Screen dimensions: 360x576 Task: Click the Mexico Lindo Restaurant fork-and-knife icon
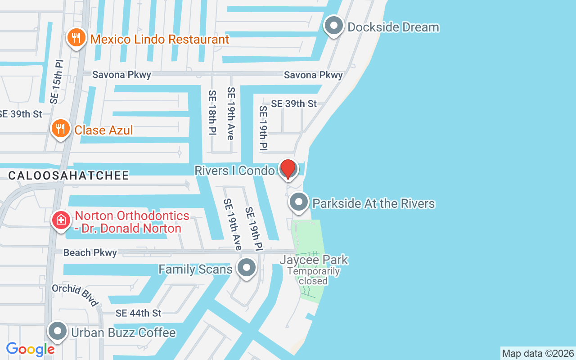[76, 38]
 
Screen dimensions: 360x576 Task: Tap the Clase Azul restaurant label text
[103, 130]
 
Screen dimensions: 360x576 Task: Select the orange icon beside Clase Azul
[60, 129]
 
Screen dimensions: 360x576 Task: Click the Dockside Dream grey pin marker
[334, 26]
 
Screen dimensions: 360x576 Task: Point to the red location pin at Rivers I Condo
[288, 169]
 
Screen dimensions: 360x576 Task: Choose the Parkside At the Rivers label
[373, 204]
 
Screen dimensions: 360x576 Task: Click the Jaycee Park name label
[314, 260]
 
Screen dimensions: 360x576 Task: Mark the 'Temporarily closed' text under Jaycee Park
[314, 276]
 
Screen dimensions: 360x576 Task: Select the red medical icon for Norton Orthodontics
[61, 220]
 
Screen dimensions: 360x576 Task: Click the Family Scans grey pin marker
[246, 268]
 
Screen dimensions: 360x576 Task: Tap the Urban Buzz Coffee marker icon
[58, 331]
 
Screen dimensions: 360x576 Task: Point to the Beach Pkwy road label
[90, 253]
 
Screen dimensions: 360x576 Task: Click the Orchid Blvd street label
[75, 295]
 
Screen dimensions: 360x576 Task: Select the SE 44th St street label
[139, 313]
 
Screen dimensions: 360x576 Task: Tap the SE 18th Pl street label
[212, 112]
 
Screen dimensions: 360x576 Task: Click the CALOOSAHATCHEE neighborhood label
[69, 175]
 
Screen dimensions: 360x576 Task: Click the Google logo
[30, 349]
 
